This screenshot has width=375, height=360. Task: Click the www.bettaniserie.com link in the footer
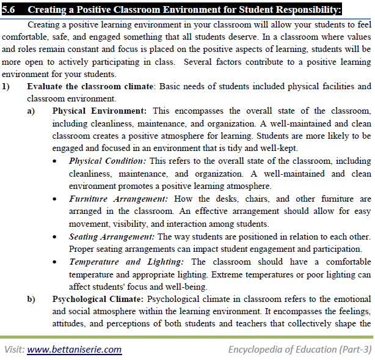click(x=74, y=350)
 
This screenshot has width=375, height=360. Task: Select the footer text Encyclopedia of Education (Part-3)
click(x=299, y=350)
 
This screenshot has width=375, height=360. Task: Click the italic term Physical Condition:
click(x=107, y=161)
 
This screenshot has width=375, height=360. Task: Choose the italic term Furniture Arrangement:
click(x=119, y=199)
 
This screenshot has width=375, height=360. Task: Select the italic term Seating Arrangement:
click(x=112, y=236)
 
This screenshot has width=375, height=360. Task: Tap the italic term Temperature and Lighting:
click(x=126, y=261)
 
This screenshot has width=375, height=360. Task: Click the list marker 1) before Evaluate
click(x=6, y=86)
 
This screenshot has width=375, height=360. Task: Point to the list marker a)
click(x=31, y=111)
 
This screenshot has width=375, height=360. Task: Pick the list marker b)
click(x=31, y=299)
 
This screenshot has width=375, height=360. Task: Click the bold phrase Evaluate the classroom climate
click(x=90, y=86)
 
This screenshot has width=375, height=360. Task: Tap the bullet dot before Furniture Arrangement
click(x=56, y=199)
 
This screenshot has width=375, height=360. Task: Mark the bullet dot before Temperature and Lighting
click(x=56, y=262)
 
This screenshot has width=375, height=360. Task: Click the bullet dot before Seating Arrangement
click(x=56, y=237)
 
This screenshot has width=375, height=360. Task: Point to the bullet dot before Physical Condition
click(x=56, y=161)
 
